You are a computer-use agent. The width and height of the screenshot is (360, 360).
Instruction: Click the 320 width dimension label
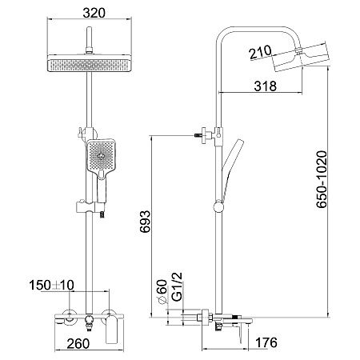coord(94,13)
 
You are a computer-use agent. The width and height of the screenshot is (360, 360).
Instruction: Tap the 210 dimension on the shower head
coord(261,52)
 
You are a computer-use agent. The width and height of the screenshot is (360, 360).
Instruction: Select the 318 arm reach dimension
coord(265,86)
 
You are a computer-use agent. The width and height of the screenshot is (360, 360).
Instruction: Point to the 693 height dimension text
coord(146,222)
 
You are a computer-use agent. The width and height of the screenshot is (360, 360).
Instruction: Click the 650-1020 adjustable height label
coord(322,179)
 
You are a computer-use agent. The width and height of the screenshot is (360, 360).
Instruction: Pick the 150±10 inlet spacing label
coord(51,285)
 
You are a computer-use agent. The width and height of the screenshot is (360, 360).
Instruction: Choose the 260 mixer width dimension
coord(78,344)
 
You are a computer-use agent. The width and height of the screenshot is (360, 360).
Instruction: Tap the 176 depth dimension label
coord(266,342)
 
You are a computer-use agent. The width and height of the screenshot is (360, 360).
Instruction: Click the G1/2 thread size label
coord(177,286)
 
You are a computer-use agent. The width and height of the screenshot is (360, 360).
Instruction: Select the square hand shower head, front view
coord(101,158)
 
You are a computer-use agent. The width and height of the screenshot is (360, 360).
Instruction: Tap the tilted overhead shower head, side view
coord(301,57)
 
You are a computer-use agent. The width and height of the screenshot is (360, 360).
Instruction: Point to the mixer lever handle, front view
coord(112,330)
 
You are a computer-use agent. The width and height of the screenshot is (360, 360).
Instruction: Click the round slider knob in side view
coord(218,206)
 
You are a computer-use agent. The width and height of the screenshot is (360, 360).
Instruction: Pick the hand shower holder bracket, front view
coord(90,207)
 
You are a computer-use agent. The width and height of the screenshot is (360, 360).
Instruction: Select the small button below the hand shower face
coord(102,174)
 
